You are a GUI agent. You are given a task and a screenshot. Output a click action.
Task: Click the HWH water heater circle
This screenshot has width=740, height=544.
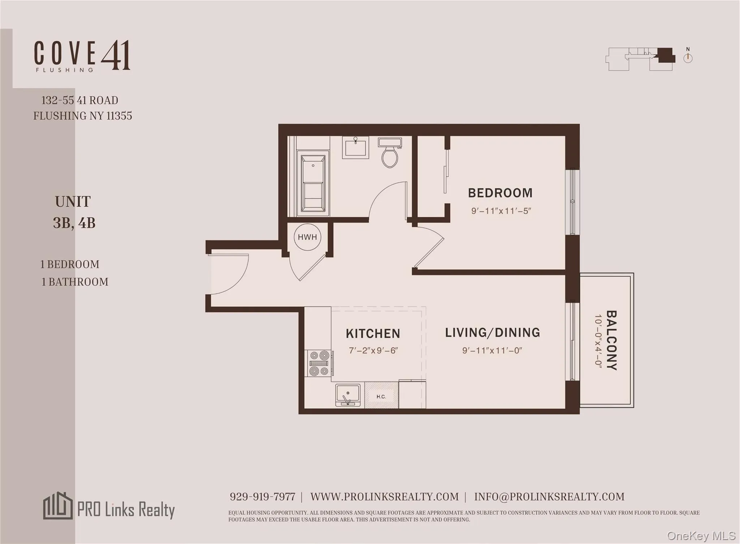(307, 237)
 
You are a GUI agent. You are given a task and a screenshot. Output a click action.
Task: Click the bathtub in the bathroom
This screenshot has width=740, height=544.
(313, 183)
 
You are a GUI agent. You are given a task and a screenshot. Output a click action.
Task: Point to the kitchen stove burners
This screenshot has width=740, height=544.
(319, 363)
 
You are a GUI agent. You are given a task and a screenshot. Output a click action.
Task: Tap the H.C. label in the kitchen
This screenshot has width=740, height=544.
(381, 396)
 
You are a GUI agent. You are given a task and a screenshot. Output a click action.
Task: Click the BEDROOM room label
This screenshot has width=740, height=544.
(500, 193)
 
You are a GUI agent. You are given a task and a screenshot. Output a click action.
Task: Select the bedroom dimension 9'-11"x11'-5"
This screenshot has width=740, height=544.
(501, 211)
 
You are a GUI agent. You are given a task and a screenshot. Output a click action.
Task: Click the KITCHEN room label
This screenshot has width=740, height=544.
(373, 334)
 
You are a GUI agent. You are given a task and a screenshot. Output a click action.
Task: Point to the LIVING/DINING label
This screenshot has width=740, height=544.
(492, 332)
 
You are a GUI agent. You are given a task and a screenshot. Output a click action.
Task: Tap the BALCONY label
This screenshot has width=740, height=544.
(611, 340)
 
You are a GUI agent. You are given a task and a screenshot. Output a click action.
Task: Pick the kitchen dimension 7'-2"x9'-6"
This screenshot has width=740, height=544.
(373, 351)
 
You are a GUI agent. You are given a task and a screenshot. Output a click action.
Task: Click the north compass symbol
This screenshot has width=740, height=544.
(688, 57)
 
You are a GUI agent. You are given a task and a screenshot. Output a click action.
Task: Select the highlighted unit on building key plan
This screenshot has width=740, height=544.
(666, 55)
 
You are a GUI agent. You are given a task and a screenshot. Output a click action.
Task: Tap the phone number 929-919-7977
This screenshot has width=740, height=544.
(262, 497)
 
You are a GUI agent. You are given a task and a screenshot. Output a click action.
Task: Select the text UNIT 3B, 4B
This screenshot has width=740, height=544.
(74, 212)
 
